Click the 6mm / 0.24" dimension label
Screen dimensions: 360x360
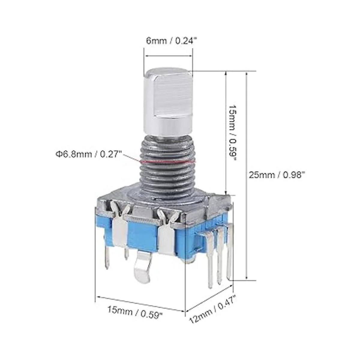pyautogui.click(x=171, y=41)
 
